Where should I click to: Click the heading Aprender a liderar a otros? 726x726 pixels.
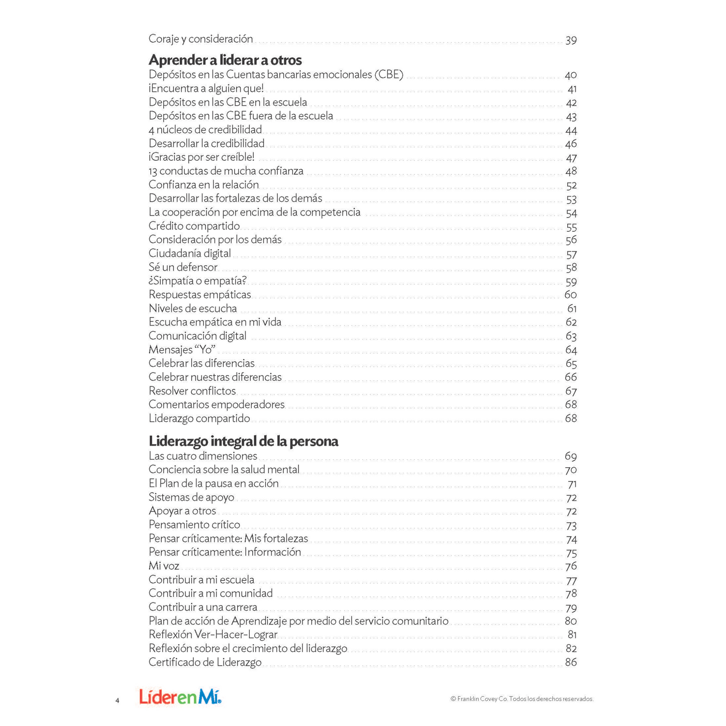(225, 60)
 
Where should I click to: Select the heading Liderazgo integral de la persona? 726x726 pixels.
(243, 441)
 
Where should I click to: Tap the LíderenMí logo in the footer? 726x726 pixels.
(180, 697)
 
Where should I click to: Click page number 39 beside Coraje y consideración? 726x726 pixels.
(571, 40)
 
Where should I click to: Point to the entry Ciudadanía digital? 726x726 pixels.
(189, 253)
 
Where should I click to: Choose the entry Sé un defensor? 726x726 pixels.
(183, 267)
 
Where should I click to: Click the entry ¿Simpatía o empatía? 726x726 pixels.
(197, 281)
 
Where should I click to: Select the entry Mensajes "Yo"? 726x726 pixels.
(182, 350)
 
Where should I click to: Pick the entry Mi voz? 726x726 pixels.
(164, 566)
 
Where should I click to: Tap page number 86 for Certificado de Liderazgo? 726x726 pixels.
(571, 662)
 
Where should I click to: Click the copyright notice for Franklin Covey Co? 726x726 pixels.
(522, 699)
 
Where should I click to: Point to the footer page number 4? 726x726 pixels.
(118, 700)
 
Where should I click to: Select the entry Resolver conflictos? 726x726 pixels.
(192, 391)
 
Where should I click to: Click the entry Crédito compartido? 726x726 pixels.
(194, 226)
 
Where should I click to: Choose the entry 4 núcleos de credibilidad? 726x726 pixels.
(205, 130)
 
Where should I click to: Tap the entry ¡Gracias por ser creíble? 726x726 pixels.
(201, 157)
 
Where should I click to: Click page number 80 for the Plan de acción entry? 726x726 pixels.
(571, 621)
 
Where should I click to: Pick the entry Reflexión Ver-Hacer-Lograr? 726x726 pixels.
(213, 635)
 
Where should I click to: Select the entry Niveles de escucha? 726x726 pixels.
(192, 308)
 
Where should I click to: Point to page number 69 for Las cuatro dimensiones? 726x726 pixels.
(571, 456)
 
